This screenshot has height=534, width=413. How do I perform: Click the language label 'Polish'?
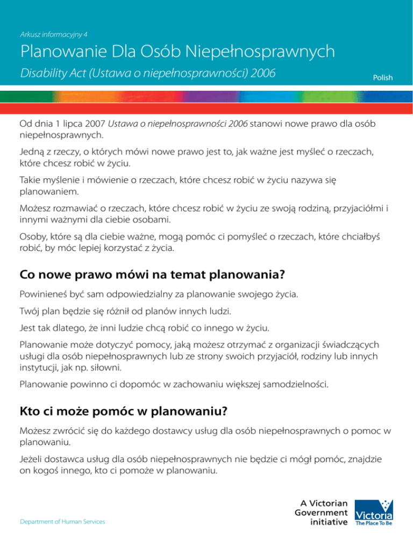click(383, 78)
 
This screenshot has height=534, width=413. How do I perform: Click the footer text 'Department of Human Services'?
click(62, 522)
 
